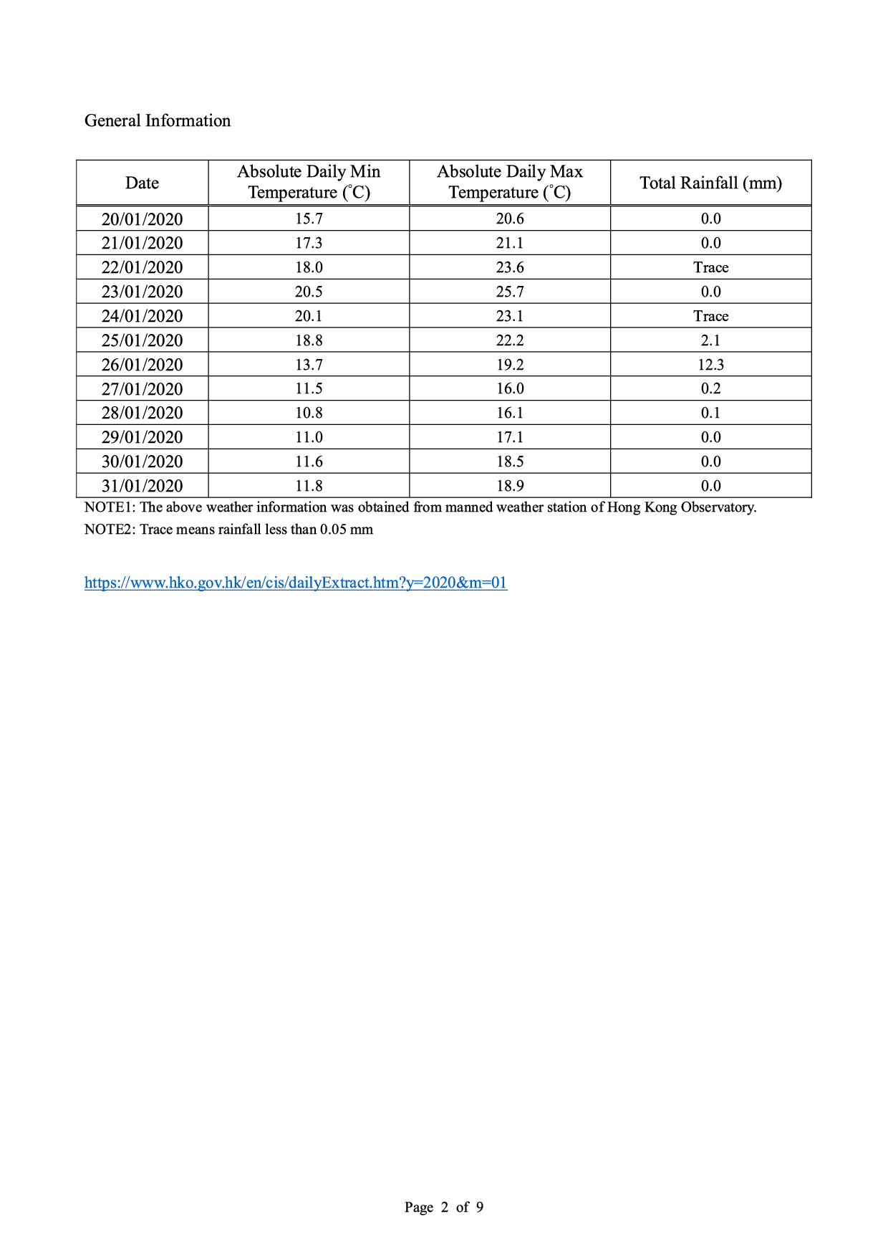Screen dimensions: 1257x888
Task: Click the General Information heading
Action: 158,120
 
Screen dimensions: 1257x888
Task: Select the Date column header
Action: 142,183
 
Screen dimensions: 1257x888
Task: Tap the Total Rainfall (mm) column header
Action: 710,183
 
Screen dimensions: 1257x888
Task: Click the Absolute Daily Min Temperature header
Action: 309,182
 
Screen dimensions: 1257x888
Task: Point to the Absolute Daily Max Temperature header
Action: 510,182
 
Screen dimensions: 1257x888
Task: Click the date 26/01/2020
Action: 142,365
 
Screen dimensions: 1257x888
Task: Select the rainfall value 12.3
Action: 710,365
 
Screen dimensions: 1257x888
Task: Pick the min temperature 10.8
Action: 309,413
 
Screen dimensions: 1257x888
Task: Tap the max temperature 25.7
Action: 510,292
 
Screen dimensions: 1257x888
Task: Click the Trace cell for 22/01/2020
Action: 710,267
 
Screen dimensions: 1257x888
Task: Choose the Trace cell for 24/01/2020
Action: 710,316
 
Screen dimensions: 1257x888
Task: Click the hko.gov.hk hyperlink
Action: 296,583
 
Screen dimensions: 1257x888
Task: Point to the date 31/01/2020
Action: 142,486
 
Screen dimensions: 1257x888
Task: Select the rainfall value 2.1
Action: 710,340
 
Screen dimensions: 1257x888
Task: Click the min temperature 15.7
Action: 309,219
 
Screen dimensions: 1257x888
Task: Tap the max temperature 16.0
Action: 510,388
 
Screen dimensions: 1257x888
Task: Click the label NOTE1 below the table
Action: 110,507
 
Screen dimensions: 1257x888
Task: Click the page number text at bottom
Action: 443,1207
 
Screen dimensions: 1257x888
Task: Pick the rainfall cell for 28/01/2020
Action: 710,413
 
